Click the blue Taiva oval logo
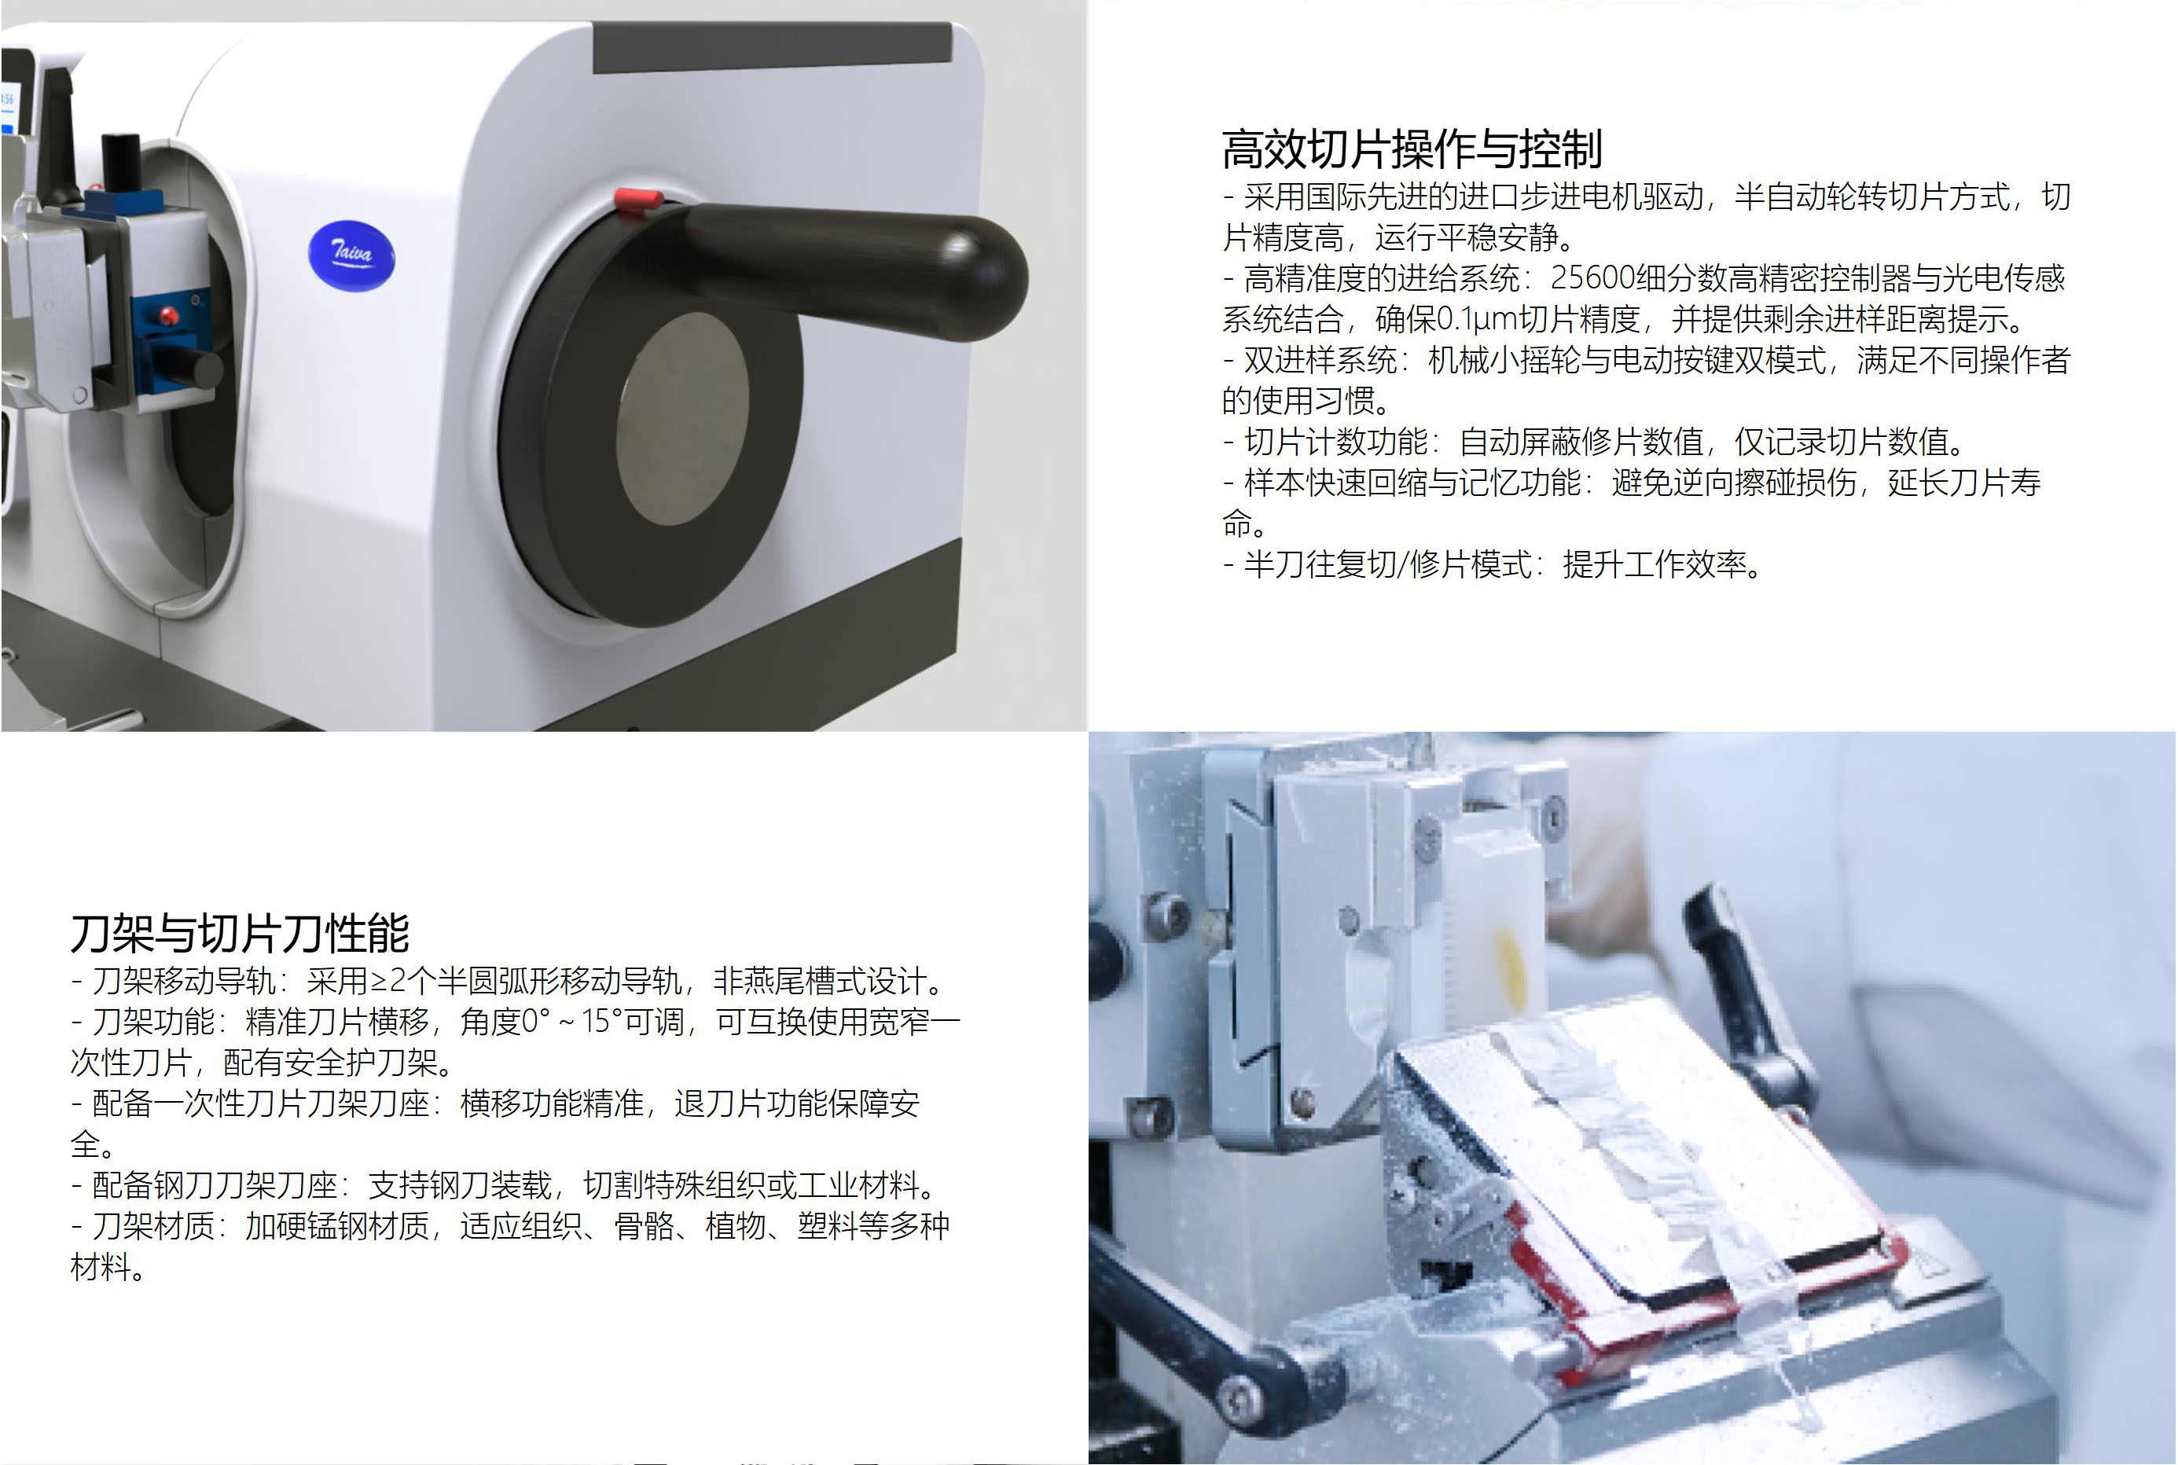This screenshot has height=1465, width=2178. click(x=351, y=256)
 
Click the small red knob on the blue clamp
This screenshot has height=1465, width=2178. click(x=169, y=316)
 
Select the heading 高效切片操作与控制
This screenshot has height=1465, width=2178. click(x=1412, y=149)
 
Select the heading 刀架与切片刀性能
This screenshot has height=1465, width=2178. click(x=241, y=932)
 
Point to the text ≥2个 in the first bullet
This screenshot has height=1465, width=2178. click(x=404, y=981)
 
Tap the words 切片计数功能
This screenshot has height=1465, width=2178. click(x=1336, y=441)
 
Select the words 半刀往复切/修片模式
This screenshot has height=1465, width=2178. click(x=1387, y=564)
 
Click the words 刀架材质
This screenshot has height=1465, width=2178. click(x=153, y=1226)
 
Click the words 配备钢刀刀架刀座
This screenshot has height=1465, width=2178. click(x=214, y=1184)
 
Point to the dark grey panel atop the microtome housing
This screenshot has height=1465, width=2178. click(x=772, y=46)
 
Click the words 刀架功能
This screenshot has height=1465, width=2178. click(x=153, y=1021)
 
